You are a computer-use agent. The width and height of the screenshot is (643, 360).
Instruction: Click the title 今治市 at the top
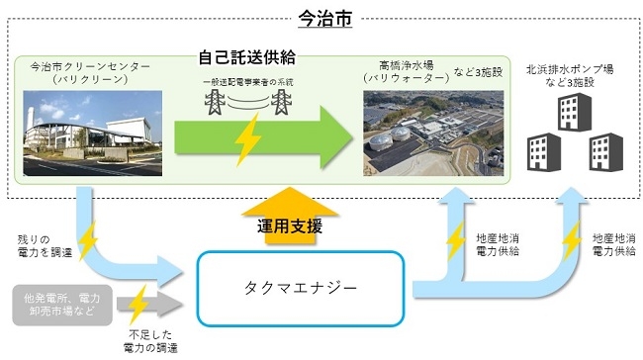click(x=324, y=17)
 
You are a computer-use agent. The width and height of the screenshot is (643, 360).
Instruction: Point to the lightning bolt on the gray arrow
click(x=138, y=302)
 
